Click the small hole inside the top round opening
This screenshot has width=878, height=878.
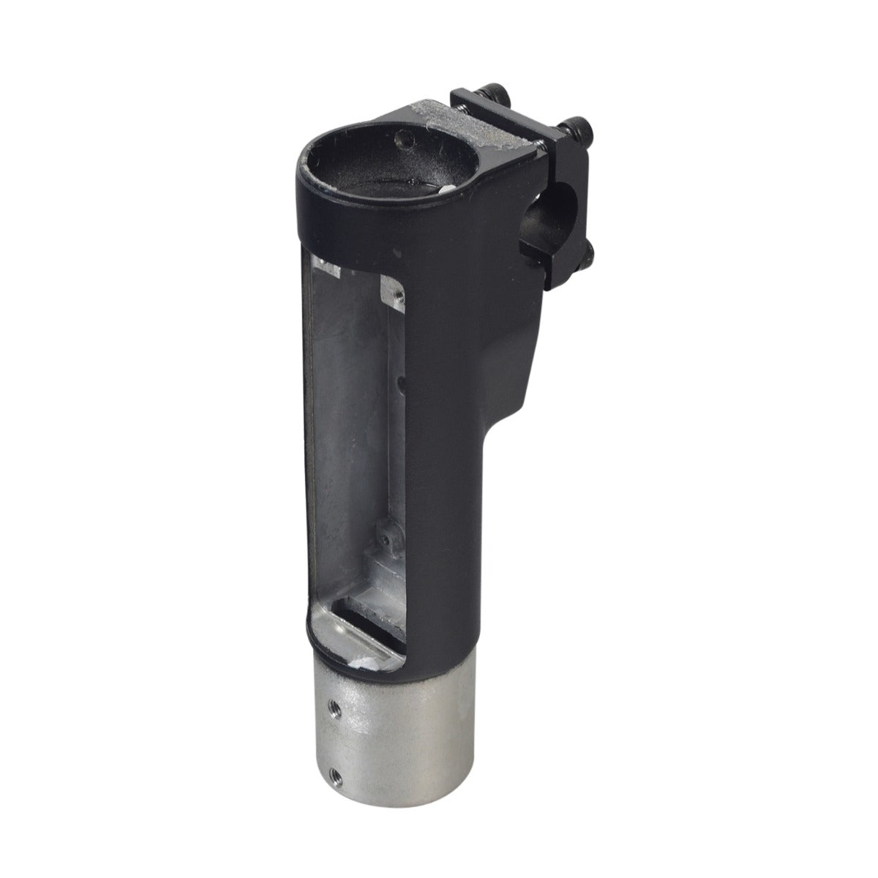pyautogui.click(x=399, y=137)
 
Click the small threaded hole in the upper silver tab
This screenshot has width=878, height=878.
pyautogui.click(x=397, y=295)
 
